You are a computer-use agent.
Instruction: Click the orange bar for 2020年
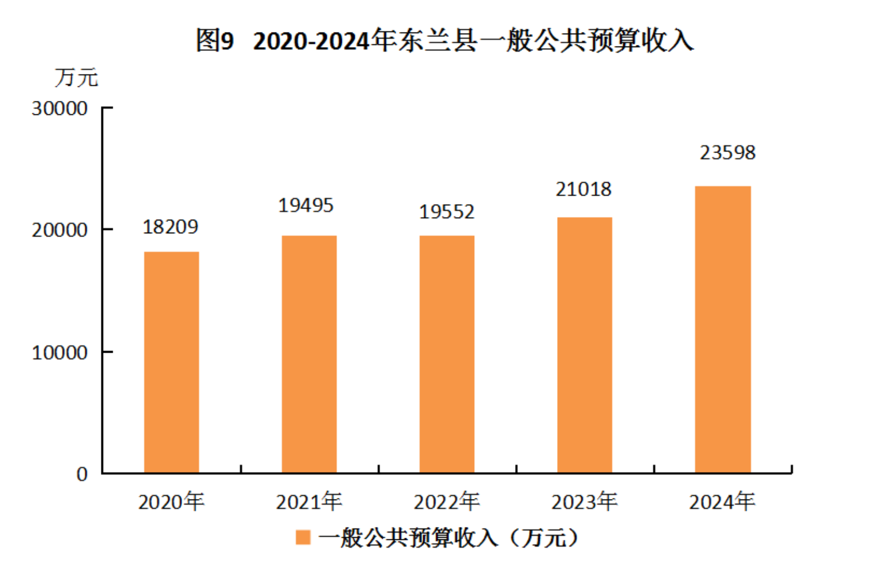point(172,362)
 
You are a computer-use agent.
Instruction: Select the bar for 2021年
point(309,354)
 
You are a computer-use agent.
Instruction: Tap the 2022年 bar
point(447,354)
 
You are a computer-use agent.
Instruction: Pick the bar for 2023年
point(585,345)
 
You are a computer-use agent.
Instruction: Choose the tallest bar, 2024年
point(722,330)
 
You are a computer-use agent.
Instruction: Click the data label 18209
point(170,227)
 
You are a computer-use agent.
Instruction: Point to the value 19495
point(306,206)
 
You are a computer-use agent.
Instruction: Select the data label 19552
point(447,212)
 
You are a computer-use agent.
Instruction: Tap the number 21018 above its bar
point(583,190)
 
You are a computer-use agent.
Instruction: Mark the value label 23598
point(728,153)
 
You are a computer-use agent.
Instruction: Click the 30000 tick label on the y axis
point(59,109)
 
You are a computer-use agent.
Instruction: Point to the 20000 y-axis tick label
point(59,230)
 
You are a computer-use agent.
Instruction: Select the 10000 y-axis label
point(59,353)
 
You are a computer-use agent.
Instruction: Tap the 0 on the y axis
point(82,474)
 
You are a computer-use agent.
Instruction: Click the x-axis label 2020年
point(172,501)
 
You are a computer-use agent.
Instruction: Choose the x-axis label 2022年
point(447,501)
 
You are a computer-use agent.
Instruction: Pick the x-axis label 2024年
point(722,501)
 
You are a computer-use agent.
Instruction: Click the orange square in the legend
point(303,537)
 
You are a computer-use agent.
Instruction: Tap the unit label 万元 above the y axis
point(76,77)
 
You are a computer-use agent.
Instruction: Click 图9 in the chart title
point(215,41)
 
